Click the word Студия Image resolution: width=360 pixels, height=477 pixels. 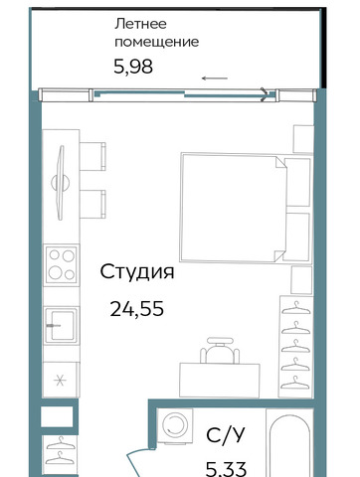pyautogui.click(x=137, y=272)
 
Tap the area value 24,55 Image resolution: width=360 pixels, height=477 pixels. pyautogui.click(x=137, y=309)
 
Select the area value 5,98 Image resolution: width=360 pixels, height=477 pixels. pyautogui.click(x=133, y=67)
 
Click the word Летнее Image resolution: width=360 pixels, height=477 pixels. pyautogui.click(x=140, y=24)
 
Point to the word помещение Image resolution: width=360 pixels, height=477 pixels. pyautogui.click(x=157, y=42)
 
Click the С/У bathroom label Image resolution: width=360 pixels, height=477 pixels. pyautogui.click(x=226, y=435)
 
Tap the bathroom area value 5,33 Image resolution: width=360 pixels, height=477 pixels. pyautogui.click(x=226, y=469)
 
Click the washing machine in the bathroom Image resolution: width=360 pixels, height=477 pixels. pyautogui.click(x=175, y=425)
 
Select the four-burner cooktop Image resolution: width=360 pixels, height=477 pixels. pyautogui.click(x=62, y=265)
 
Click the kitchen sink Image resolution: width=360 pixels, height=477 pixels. pyautogui.click(x=61, y=325)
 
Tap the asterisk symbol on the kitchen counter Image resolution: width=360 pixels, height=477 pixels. pyautogui.click(x=60, y=380)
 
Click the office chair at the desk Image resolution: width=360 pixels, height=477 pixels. pyautogui.click(x=220, y=351)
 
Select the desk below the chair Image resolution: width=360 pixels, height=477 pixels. pyautogui.click(x=220, y=380)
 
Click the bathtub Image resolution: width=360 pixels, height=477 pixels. pyautogui.click(x=290, y=445)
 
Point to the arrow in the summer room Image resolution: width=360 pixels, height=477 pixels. pyautogui.click(x=215, y=79)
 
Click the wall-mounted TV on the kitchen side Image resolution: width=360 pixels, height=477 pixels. pyautogui.click(x=61, y=183)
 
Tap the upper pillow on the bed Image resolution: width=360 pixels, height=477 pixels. pyautogui.click(x=297, y=182)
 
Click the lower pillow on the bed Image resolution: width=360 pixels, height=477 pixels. pyautogui.click(x=297, y=236)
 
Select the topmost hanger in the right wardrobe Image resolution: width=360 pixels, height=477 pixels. pyautogui.click(x=296, y=308)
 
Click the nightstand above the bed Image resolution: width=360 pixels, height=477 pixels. pyautogui.click(x=303, y=139)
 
